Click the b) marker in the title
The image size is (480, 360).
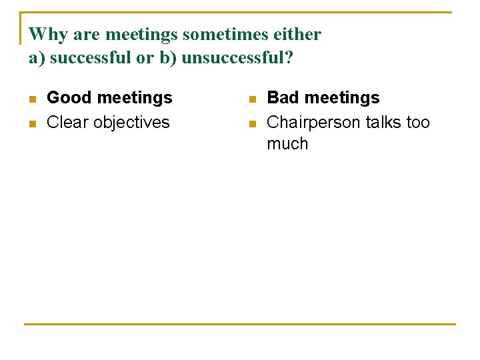coord(167,58)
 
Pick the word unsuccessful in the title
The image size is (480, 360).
coord(237,58)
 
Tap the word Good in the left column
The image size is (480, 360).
coord(69,98)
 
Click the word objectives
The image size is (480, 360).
coord(131,123)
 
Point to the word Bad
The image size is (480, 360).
coord(283,98)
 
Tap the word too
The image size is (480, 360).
coord(418,123)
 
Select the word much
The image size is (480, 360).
coord(287,144)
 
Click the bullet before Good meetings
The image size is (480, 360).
coord(32,99)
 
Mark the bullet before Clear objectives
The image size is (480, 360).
coord(32,124)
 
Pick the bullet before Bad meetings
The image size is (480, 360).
coord(252,99)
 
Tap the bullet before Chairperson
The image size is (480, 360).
coord(252,124)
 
